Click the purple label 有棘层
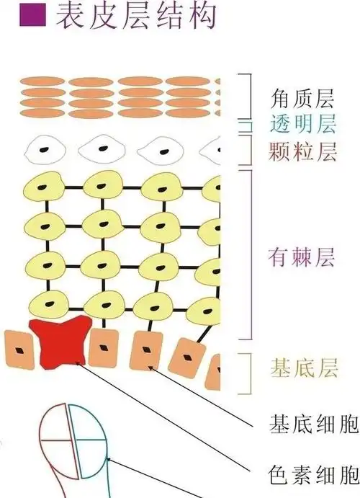pos(301,257)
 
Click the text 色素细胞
pos(314,475)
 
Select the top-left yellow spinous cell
pos(46,189)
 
